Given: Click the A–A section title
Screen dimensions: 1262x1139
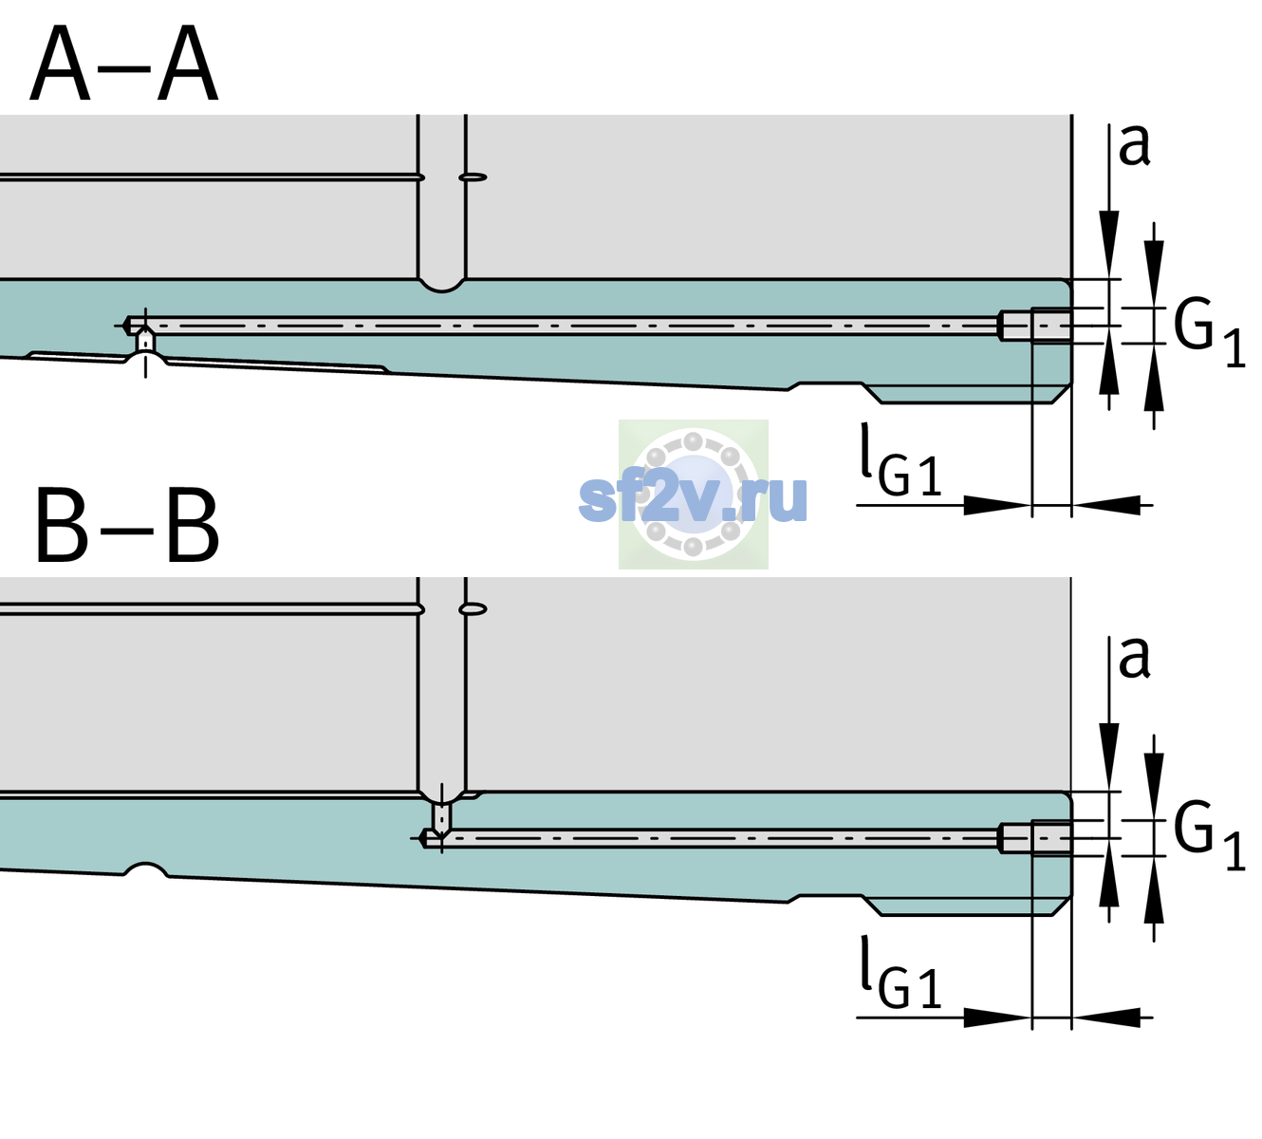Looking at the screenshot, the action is click(124, 64).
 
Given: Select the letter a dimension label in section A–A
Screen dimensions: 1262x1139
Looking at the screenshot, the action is click(1134, 145).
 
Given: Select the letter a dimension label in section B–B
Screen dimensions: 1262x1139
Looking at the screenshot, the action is click(1134, 658).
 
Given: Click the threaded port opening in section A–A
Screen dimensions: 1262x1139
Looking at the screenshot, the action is click(1035, 326).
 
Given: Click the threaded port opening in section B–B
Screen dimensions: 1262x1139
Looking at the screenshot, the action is click(1035, 839).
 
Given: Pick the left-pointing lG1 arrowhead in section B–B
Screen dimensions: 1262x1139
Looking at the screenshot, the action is click(1106, 1018).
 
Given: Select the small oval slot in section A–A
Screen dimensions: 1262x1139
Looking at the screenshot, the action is click(473, 177).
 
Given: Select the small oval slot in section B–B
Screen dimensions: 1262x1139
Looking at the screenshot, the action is click(473, 609).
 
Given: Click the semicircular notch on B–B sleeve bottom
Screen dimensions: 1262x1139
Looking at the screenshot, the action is click(145, 868).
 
